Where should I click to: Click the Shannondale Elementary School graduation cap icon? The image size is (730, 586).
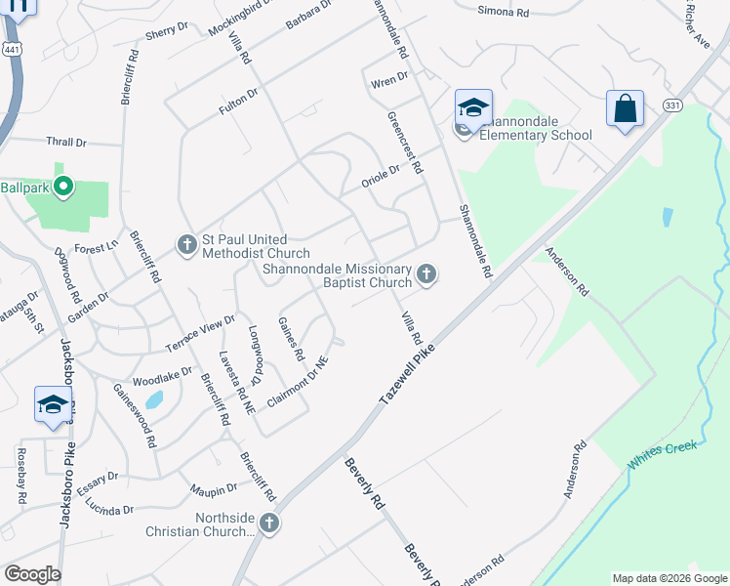(473, 108)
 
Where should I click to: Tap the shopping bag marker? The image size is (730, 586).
(625, 108)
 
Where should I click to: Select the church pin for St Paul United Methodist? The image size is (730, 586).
(187, 244)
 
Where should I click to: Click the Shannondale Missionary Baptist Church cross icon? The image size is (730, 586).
(426, 274)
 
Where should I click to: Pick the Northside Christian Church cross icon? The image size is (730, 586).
(268, 523)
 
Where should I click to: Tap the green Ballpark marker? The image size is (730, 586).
(64, 186)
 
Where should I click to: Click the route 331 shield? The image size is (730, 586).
(670, 105)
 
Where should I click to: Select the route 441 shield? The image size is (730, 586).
(11, 49)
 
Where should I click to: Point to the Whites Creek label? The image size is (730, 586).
(663, 455)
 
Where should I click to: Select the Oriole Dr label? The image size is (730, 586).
(381, 174)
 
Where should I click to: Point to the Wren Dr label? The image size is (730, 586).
(388, 81)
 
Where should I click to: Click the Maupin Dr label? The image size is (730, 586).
(215, 487)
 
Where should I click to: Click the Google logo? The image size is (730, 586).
(31, 574)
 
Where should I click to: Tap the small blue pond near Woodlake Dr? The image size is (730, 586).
(153, 399)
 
